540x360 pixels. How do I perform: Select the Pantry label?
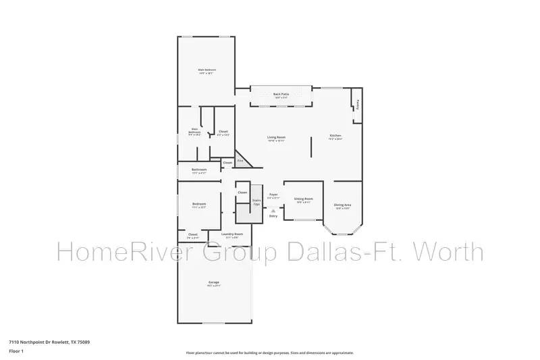click(x=357, y=105)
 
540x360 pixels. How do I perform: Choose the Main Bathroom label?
click(x=194, y=132)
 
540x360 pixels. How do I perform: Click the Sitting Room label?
click(x=304, y=200)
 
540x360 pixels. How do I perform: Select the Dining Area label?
click(x=342, y=206)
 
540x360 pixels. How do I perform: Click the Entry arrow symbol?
click(x=273, y=211)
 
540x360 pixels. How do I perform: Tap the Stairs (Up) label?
click(x=256, y=201)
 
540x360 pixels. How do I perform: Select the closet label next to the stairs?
click(x=242, y=193)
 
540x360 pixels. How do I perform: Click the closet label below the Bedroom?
click(x=192, y=236)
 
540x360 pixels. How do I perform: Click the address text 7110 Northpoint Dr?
click(x=49, y=342)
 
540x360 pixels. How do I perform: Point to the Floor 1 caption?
click(x=16, y=352)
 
